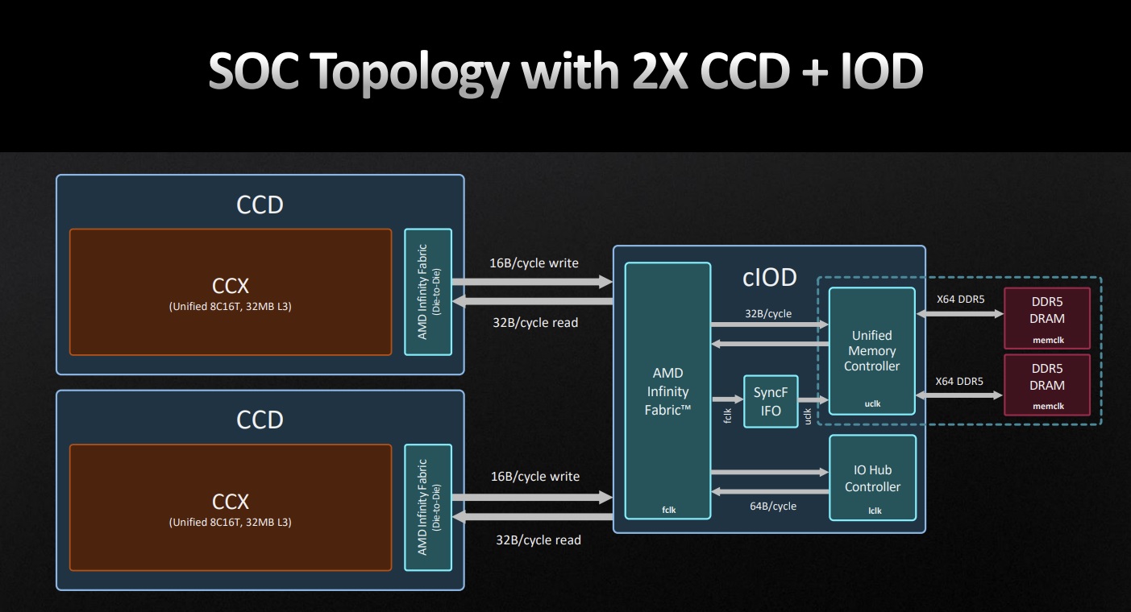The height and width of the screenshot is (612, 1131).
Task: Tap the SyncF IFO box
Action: click(x=771, y=402)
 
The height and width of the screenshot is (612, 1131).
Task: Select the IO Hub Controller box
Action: click(x=872, y=478)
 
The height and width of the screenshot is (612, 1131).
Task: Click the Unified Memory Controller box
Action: click(x=872, y=351)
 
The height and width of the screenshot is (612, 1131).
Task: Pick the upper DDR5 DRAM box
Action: click(x=1047, y=318)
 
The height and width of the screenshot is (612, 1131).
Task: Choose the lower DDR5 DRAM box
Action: click(x=1047, y=384)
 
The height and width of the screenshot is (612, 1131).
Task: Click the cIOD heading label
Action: click(x=770, y=278)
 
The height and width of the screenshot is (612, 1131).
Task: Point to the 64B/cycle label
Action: click(x=773, y=506)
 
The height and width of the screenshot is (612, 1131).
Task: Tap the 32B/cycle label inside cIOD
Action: click(x=768, y=314)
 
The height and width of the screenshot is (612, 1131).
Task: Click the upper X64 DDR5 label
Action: click(x=960, y=300)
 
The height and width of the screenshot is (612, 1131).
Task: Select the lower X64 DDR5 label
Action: click(x=959, y=382)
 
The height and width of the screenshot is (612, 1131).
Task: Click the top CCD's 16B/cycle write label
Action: click(x=534, y=263)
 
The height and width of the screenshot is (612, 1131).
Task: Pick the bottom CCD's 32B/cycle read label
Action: click(x=538, y=540)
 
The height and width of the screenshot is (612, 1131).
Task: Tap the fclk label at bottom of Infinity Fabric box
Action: click(x=668, y=510)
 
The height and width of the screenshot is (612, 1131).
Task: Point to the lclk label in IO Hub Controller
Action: click(x=875, y=511)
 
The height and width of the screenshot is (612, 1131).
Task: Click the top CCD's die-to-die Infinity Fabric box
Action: click(x=428, y=292)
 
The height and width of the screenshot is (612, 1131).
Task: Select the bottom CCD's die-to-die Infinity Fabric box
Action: click(x=428, y=507)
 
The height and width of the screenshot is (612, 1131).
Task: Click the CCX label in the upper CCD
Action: click(x=231, y=286)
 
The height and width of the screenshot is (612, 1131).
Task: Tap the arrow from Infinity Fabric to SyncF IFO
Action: click(x=728, y=399)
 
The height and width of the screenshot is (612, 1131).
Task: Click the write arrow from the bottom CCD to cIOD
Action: click(x=532, y=498)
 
